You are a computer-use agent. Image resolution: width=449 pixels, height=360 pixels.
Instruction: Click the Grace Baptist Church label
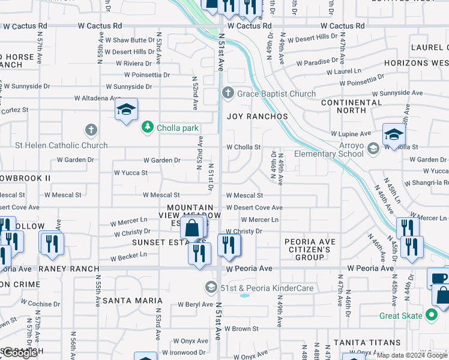276,94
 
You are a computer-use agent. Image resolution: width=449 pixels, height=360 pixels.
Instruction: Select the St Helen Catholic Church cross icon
91,130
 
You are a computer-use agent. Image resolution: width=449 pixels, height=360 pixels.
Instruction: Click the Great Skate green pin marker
431,315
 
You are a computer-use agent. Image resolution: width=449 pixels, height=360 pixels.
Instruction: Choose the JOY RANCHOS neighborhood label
258,116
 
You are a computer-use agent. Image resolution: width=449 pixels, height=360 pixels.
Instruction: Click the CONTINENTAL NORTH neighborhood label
352,106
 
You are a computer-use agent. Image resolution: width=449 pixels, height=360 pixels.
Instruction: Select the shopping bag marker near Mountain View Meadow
192,229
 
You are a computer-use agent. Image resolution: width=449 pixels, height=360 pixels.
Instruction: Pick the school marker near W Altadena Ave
126,110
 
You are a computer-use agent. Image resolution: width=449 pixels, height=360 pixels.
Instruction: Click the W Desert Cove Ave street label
255,208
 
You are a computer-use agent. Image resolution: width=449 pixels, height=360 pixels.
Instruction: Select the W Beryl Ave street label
196,305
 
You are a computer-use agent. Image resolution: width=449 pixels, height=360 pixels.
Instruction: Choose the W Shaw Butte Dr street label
130,40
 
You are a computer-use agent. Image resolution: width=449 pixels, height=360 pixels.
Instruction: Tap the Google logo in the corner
20,353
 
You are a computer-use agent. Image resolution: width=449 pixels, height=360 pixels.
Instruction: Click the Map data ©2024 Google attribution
412,355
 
